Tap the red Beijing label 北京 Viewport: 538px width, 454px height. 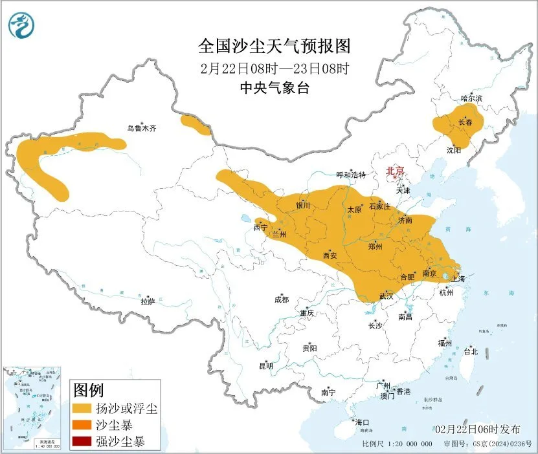395,171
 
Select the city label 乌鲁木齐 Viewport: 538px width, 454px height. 141,129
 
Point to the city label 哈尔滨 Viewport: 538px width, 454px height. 471,98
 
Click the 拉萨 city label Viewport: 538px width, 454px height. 148,301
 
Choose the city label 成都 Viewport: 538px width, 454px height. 282,299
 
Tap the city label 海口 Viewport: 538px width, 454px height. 361,422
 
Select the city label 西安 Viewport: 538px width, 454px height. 330,255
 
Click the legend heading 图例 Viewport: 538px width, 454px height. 89,390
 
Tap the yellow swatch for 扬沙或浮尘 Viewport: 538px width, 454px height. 82,409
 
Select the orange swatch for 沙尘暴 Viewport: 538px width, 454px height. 82,426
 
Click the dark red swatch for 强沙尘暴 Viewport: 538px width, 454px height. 82,442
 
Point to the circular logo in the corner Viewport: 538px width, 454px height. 21,25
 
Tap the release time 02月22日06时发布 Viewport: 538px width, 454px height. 477,429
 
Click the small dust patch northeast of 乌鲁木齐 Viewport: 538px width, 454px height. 196,125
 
